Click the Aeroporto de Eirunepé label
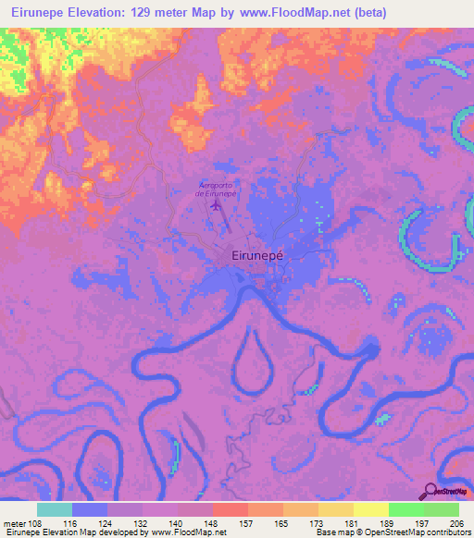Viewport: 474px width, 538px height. (x=218, y=190)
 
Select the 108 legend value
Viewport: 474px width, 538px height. (x=35, y=523)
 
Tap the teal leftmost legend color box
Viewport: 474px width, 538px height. (x=55, y=509)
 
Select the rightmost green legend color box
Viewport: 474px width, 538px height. (x=442, y=509)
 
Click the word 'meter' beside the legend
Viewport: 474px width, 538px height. (x=14, y=523)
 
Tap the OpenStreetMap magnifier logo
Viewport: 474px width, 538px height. (x=430, y=490)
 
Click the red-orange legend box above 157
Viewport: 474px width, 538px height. (x=231, y=509)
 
